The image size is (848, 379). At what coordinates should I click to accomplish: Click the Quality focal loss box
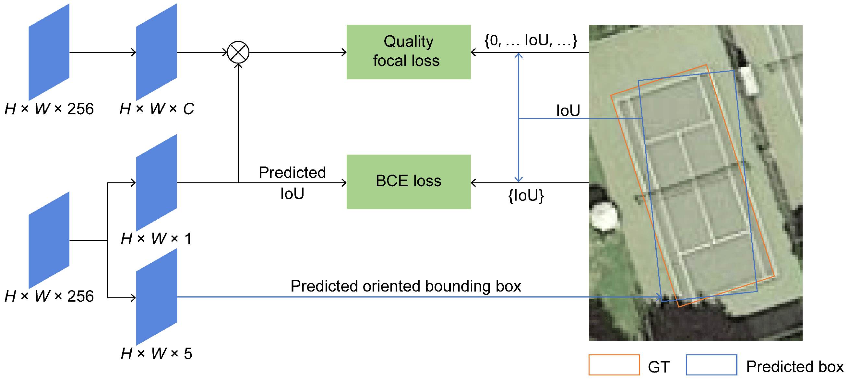point(408,52)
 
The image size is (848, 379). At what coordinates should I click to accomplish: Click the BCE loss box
point(408,181)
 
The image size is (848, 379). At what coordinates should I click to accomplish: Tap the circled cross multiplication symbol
point(238,52)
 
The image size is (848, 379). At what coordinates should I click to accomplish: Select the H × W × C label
point(157,109)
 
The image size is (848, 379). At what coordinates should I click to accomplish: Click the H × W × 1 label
point(156,239)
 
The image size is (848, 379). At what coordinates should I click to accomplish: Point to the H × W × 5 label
point(156,354)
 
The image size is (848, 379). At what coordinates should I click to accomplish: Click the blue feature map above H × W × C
point(156,52)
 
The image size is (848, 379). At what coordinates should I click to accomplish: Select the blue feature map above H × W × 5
point(156,297)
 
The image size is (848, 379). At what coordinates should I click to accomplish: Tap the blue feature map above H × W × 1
point(156,182)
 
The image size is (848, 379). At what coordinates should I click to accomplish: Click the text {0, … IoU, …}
point(530,40)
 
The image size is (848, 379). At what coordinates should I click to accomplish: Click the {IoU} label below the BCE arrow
point(526,196)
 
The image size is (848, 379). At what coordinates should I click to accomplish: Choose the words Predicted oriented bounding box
point(406,286)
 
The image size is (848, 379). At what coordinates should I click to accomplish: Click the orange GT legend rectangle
point(614,364)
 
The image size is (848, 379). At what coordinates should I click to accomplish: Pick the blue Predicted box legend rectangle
point(711,364)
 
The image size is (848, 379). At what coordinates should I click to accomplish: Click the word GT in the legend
point(658,367)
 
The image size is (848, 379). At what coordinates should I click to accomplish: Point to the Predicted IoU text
point(292,183)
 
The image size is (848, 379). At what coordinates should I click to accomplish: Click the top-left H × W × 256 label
point(49,109)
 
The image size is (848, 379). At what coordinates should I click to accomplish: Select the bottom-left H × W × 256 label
point(49,296)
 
